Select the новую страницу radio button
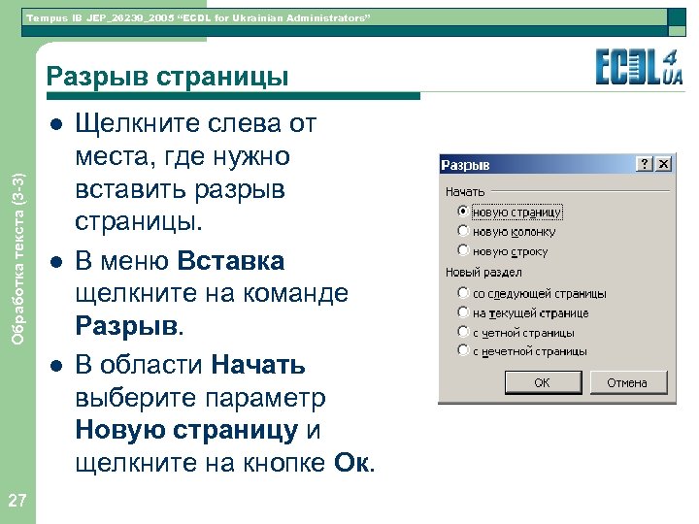[464, 212]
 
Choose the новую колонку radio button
[464, 232]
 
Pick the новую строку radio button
[464, 251]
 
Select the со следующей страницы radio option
[464, 293]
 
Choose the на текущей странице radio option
[464, 312]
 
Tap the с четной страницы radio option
[464, 333]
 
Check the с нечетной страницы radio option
[464, 352]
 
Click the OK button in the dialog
[542, 383]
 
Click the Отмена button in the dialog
[627, 383]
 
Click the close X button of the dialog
[663, 165]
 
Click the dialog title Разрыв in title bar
[468, 165]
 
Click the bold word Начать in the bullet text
[258, 365]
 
